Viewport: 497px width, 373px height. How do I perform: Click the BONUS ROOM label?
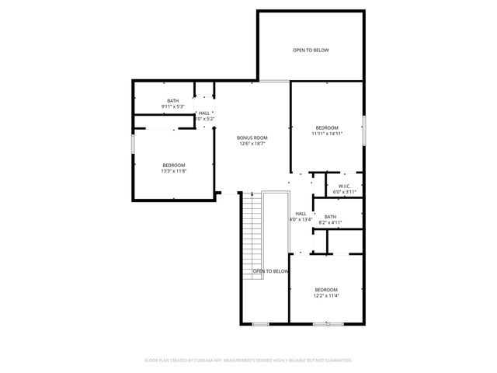(252, 138)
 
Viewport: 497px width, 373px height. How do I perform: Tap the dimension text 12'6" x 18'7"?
(252, 144)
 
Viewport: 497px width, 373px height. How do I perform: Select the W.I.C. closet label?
(344, 186)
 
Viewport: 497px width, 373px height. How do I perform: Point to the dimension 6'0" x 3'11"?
(344, 192)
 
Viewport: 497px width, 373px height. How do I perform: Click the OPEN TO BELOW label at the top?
(311, 51)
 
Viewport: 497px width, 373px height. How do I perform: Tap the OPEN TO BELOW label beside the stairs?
(271, 271)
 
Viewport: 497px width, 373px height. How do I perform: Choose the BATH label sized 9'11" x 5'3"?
(172, 100)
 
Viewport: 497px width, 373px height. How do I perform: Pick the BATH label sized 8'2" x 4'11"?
(330, 217)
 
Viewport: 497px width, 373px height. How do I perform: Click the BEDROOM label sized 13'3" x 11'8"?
(174, 165)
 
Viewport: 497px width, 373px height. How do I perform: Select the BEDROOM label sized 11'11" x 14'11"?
(327, 127)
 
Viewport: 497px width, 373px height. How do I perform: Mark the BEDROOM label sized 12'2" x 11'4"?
(326, 289)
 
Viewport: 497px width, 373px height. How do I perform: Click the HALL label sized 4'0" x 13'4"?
(301, 214)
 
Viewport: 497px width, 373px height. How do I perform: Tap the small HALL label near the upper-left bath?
(204, 113)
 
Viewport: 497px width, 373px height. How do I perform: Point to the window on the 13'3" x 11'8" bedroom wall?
(133, 144)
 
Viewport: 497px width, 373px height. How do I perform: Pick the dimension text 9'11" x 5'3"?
(172, 106)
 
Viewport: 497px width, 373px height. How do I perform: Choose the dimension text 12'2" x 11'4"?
(326, 295)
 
